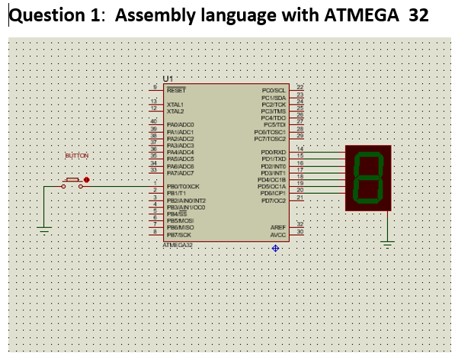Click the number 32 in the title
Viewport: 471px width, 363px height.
pyautogui.click(x=418, y=16)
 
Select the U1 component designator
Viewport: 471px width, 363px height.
pyautogui.click(x=168, y=79)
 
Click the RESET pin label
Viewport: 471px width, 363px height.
pyautogui.click(x=176, y=89)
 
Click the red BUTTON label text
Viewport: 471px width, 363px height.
pyautogui.click(x=77, y=156)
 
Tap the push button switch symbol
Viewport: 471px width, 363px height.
pyautogui.click(x=73, y=181)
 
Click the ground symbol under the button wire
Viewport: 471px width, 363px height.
pyautogui.click(x=45, y=228)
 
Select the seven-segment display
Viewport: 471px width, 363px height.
pyautogui.click(x=368, y=178)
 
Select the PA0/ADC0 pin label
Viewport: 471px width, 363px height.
pyautogui.click(x=181, y=124)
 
